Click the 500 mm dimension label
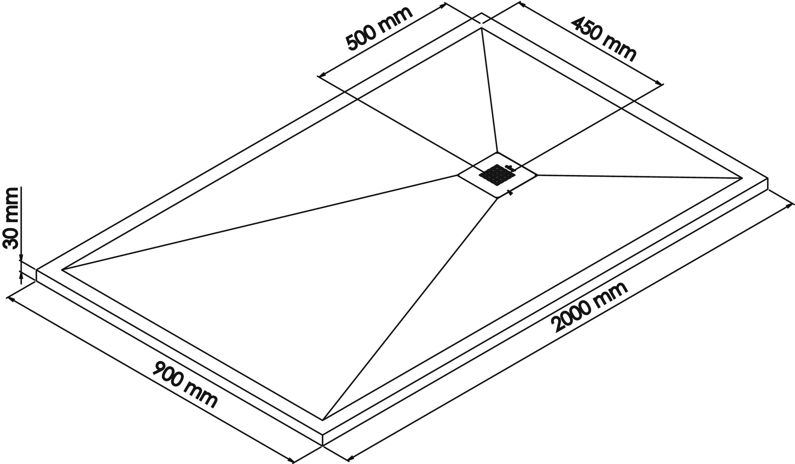click(379, 29)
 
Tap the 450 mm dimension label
click(604, 39)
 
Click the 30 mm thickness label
click(11, 218)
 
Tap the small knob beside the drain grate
click(509, 167)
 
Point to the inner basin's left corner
click(62, 270)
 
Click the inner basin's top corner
click(481, 28)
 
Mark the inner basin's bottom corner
click(323, 419)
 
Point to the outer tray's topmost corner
click(482, 13)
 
